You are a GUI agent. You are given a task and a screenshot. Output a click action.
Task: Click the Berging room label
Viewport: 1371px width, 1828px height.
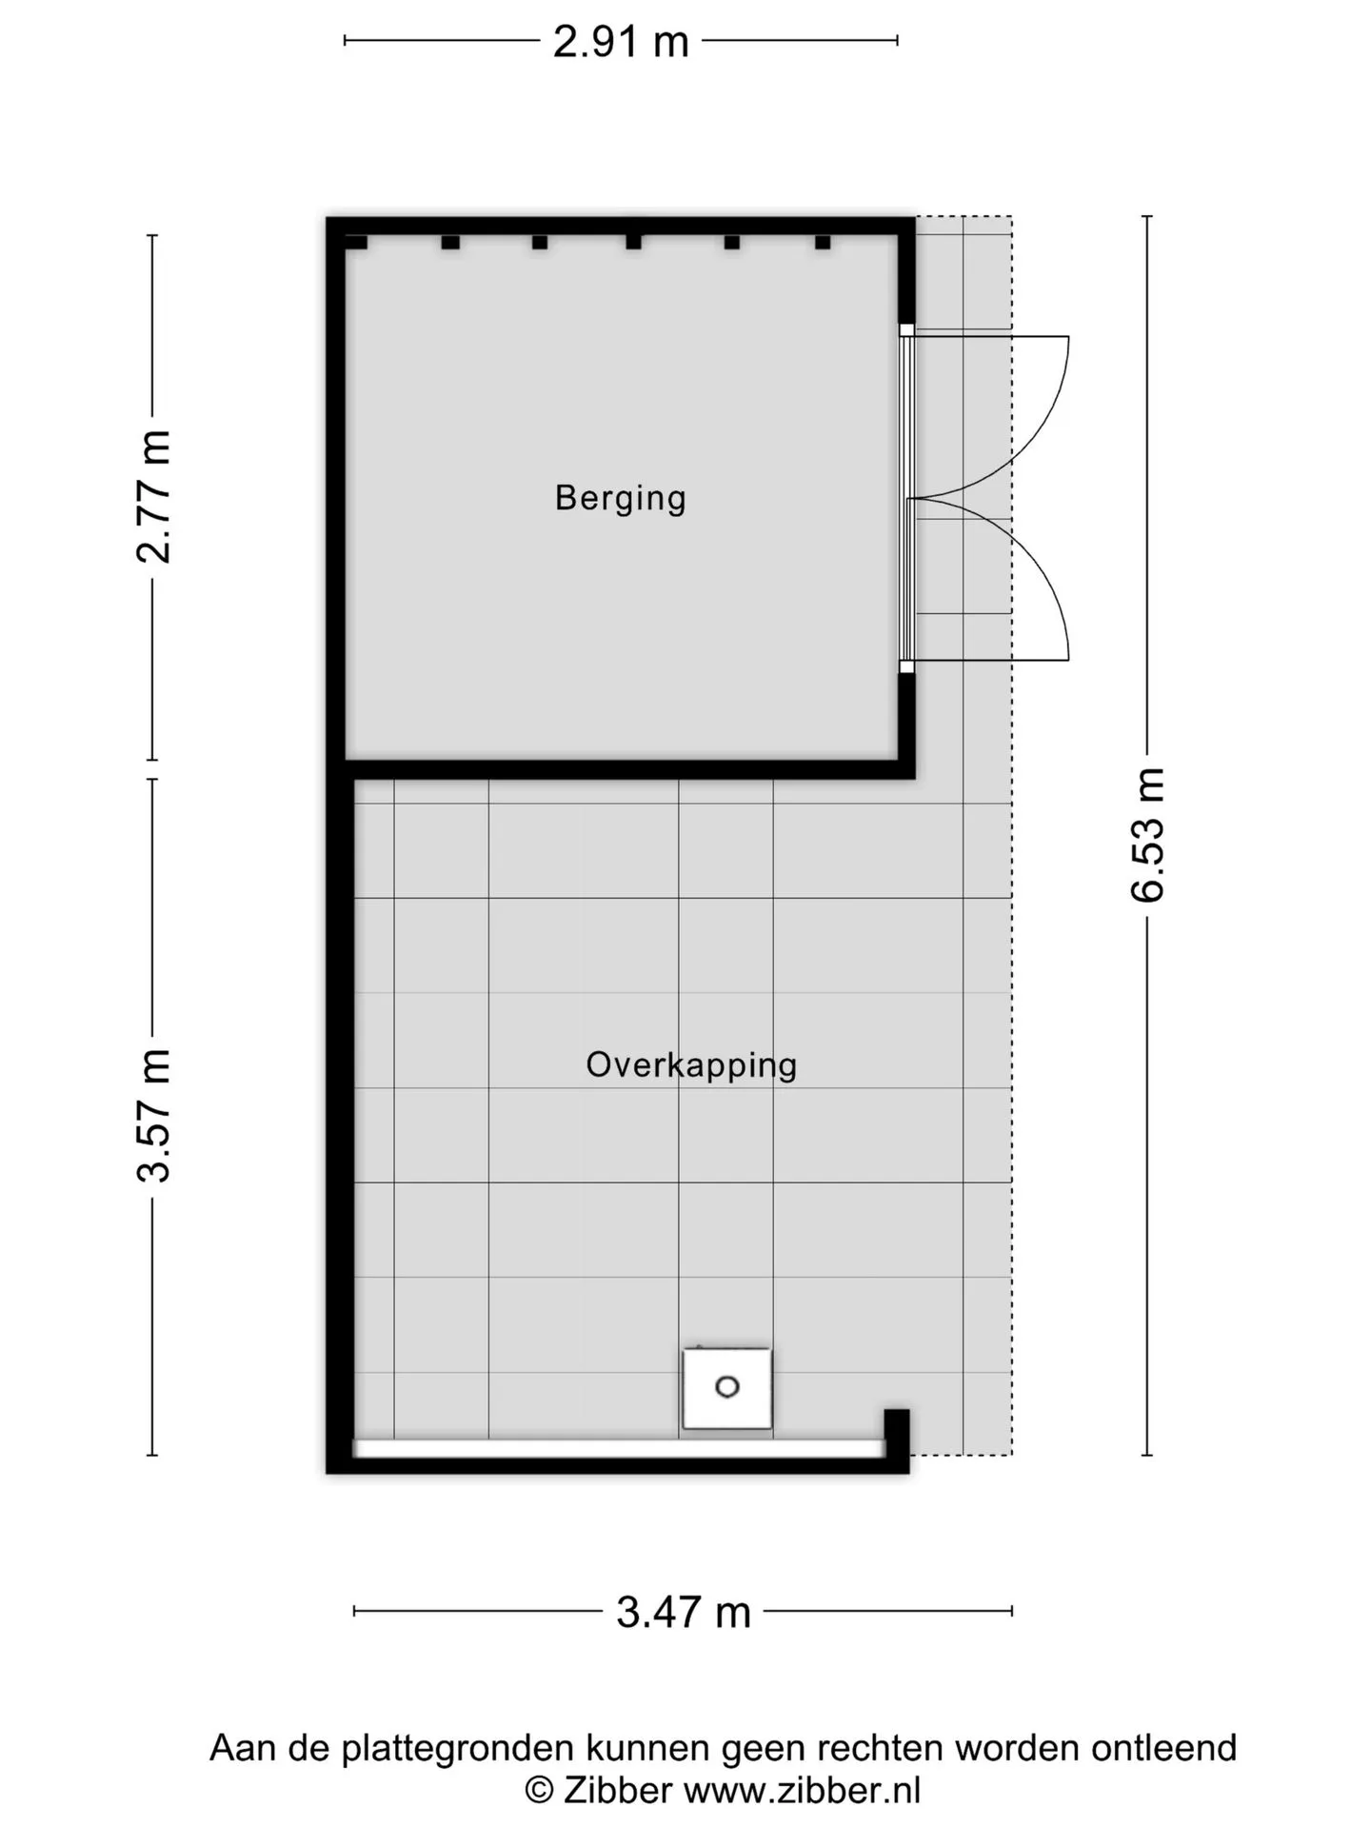point(620,498)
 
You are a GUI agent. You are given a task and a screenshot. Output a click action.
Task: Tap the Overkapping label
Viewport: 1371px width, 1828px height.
point(691,1064)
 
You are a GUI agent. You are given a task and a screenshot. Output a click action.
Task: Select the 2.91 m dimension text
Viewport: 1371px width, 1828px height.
point(621,42)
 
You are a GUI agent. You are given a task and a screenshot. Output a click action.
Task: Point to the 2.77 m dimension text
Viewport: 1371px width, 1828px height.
point(153,496)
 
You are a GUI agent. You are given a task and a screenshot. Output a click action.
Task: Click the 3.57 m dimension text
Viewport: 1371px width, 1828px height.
point(153,1116)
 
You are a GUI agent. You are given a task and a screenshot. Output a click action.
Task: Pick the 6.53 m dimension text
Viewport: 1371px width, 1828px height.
point(1147,834)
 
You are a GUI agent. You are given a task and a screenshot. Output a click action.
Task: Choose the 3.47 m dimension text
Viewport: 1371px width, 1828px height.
point(684,1612)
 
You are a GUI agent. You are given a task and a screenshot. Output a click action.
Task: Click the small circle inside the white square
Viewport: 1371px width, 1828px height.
point(727,1387)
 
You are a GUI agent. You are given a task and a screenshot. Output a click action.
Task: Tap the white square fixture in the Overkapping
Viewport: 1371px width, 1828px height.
point(727,1388)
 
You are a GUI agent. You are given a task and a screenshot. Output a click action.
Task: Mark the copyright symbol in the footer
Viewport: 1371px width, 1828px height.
point(540,1791)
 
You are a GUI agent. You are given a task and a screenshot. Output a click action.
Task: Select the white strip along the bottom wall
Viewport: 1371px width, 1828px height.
point(620,1448)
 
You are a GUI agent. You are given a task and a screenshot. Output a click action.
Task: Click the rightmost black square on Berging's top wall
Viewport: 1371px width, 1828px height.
point(823,242)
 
